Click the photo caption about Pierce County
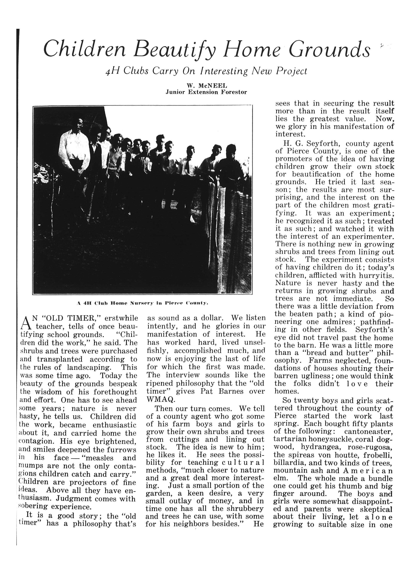click(x=142, y=303)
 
